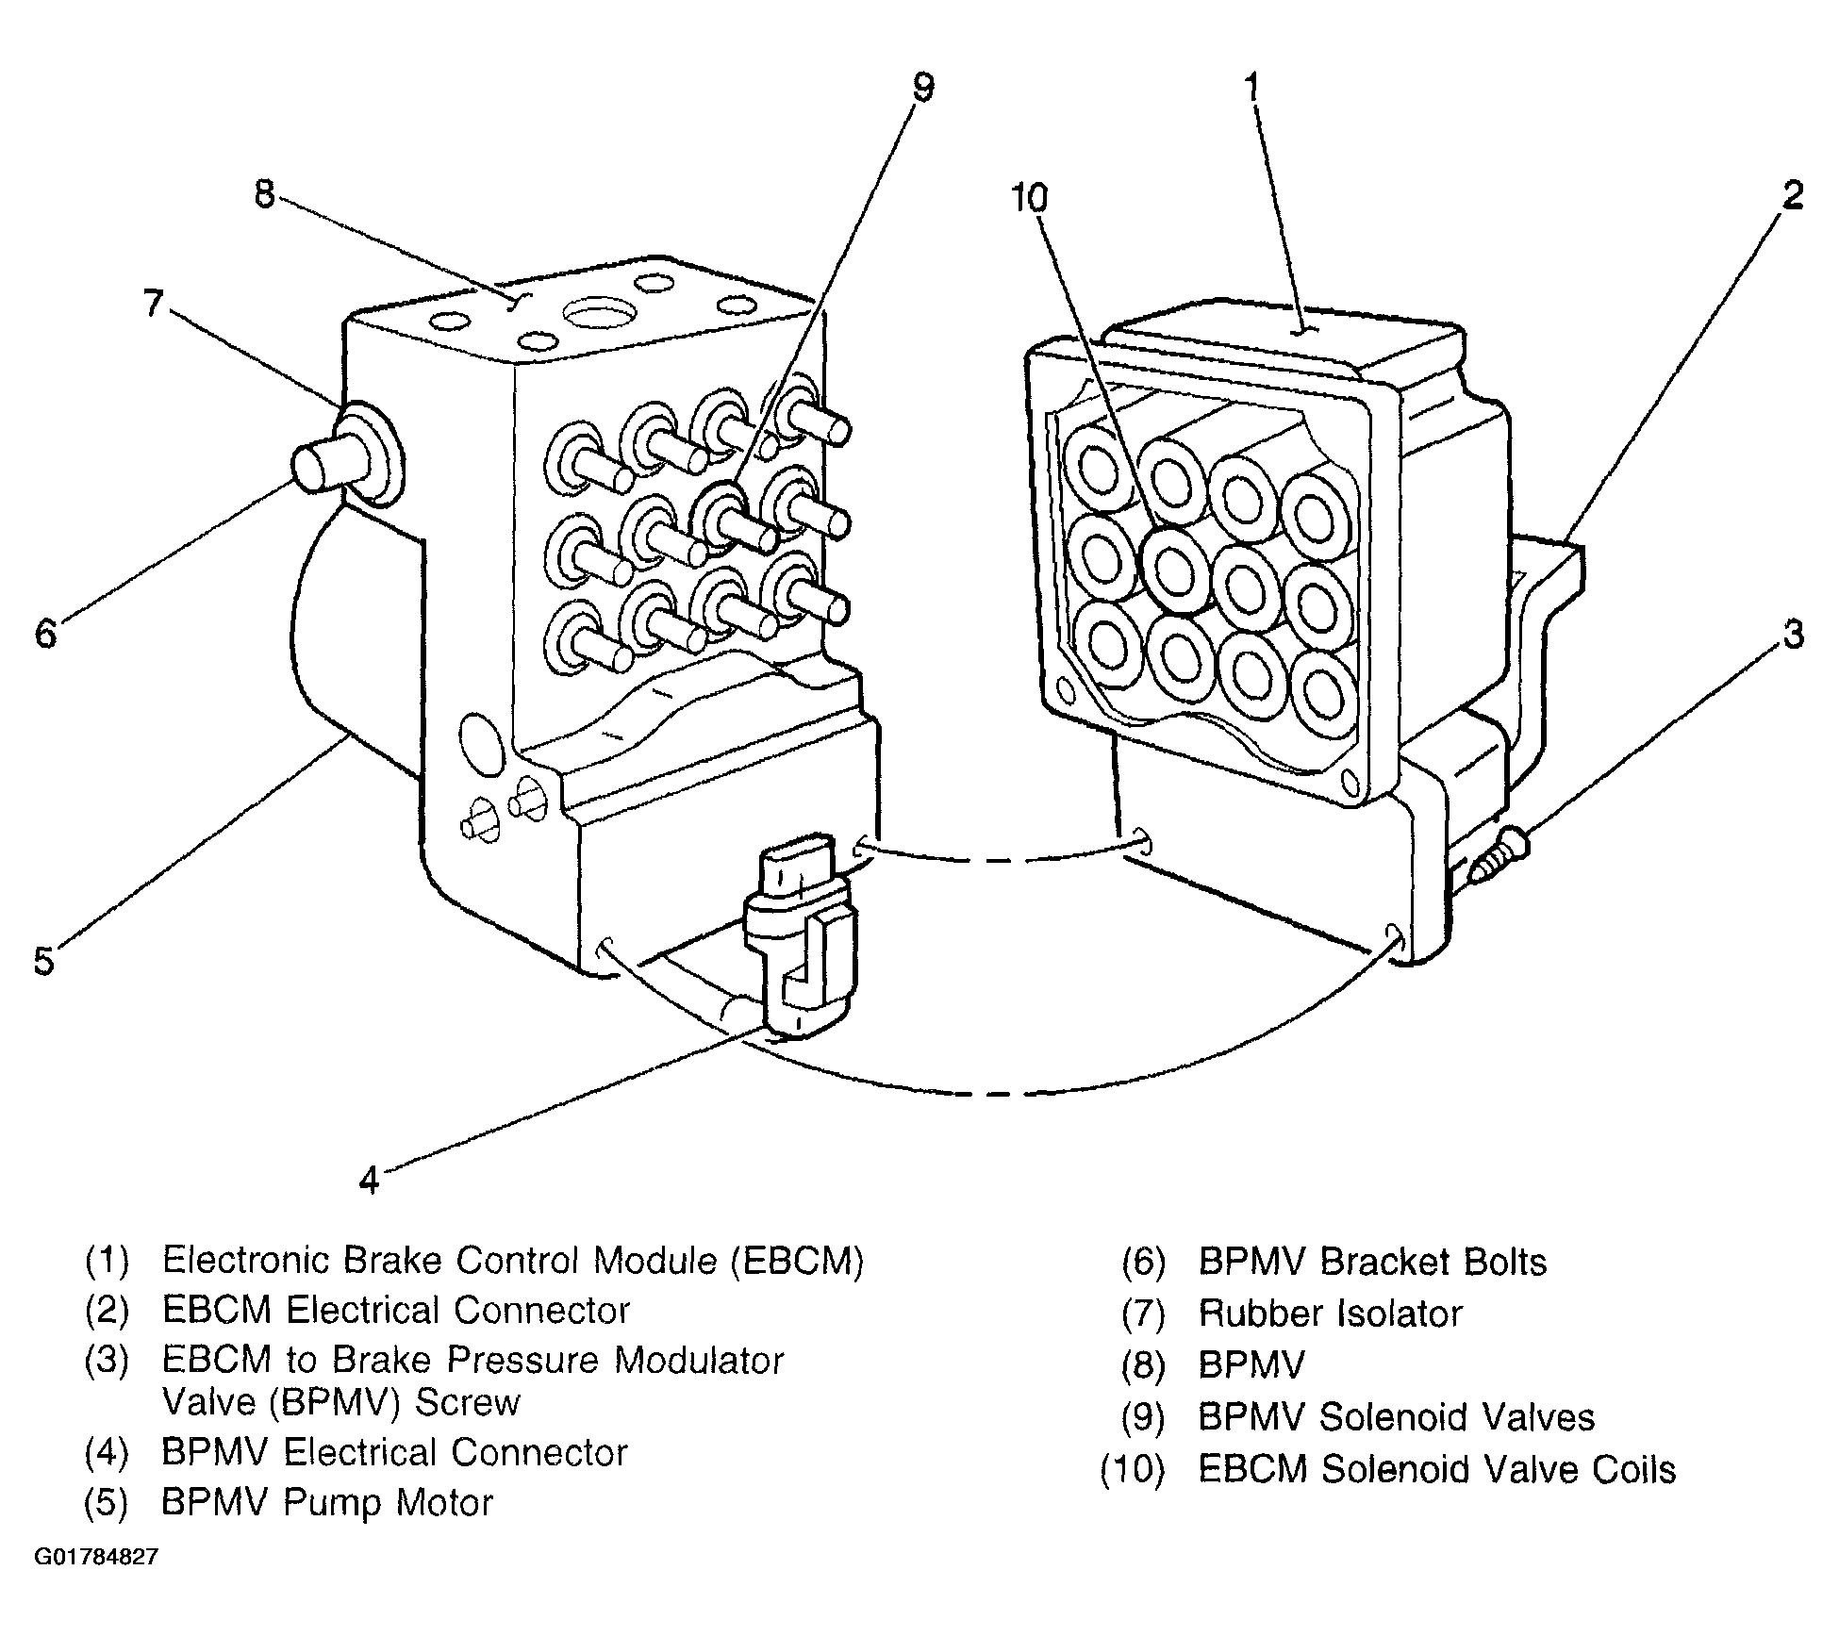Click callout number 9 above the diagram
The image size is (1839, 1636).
(922, 88)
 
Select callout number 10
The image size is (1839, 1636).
(1029, 199)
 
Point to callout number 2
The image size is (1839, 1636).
(1792, 195)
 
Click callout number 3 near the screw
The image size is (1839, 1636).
(1792, 634)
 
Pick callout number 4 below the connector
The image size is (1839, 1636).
(369, 1179)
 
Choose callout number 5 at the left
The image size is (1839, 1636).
(43, 960)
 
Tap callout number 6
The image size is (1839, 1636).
(45, 634)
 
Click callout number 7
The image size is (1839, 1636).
(153, 304)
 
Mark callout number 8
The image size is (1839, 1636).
(264, 193)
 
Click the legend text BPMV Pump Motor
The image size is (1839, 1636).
(327, 1502)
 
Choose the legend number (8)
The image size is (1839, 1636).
(1144, 1364)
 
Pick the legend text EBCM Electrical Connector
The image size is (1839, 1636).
(395, 1310)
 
